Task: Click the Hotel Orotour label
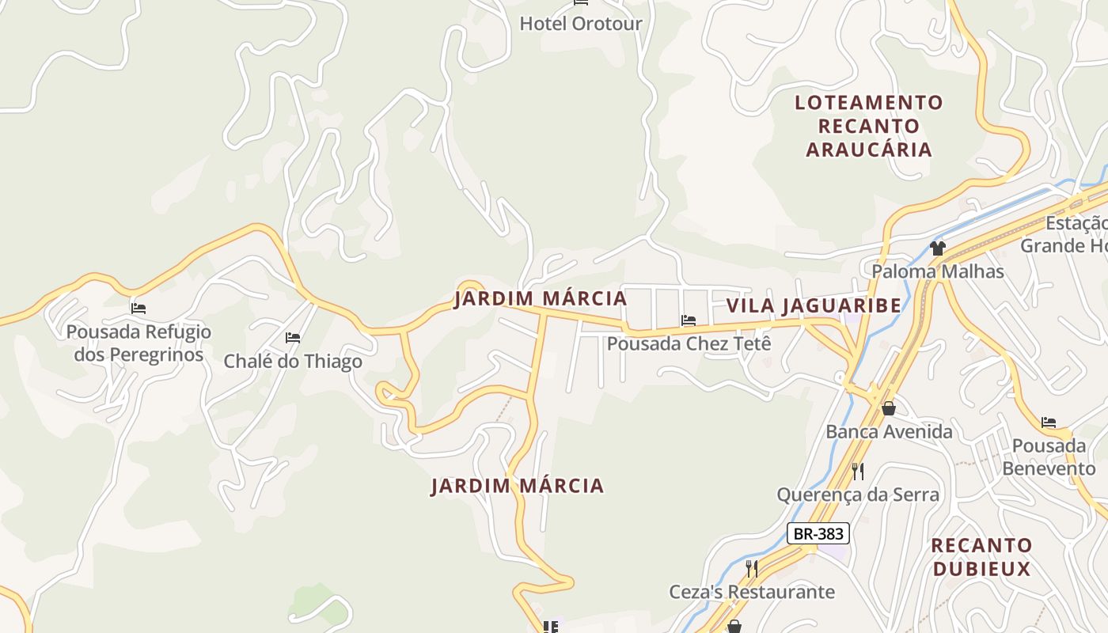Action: point(580,24)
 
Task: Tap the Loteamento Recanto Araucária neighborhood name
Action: point(868,126)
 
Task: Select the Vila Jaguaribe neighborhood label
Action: point(814,305)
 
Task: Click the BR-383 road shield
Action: point(818,534)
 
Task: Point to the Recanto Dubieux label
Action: point(981,557)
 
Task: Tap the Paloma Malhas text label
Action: point(937,271)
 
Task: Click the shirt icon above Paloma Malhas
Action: point(938,248)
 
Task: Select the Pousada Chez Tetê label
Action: point(689,343)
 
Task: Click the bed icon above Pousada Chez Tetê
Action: point(689,320)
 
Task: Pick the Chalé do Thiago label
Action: point(293,362)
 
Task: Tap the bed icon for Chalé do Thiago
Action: point(293,338)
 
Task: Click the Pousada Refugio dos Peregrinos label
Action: point(138,343)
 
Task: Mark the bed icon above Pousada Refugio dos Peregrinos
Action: point(138,308)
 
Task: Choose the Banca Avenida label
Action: point(889,432)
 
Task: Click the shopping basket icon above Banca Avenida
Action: point(889,408)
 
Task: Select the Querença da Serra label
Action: point(858,495)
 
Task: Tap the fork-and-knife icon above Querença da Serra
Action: point(858,472)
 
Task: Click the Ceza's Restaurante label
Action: point(752,592)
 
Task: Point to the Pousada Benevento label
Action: point(1049,457)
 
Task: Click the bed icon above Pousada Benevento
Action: point(1049,423)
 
